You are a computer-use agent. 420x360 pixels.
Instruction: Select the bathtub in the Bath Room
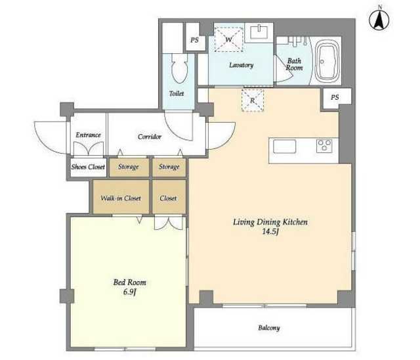(327, 61)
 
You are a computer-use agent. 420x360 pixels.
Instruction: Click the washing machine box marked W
(228, 39)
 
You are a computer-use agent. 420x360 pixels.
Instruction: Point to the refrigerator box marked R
(253, 101)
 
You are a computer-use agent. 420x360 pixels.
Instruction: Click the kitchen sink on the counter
(284, 146)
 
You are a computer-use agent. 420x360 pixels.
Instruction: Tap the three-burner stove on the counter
(324, 146)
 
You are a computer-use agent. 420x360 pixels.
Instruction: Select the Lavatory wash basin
(259, 32)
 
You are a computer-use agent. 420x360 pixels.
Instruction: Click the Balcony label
(269, 328)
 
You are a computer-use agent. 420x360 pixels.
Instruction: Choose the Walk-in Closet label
(121, 198)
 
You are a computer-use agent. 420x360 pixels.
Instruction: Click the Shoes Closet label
(88, 167)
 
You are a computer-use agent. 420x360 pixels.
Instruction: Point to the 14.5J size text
(270, 231)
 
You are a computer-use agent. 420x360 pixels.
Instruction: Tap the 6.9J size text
(130, 292)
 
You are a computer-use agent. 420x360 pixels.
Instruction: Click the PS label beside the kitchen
(335, 97)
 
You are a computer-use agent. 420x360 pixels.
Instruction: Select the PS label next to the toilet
(194, 40)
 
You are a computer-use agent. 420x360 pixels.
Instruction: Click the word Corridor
(150, 137)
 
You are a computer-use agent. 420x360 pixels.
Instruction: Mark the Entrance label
(88, 135)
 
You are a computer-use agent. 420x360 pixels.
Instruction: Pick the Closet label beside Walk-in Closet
(168, 198)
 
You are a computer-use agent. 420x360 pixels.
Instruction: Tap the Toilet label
(177, 93)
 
